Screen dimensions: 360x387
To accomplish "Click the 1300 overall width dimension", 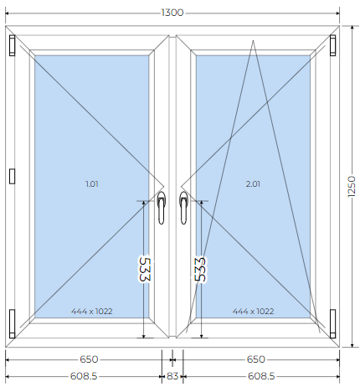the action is tap(172, 13).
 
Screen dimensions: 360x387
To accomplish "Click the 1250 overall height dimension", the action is tap(352, 187).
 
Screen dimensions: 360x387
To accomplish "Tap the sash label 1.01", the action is tap(92, 184).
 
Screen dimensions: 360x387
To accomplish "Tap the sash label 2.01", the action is tap(253, 184).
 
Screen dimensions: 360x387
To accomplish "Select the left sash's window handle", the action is tap(161, 208).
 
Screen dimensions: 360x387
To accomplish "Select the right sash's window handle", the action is tap(183, 208).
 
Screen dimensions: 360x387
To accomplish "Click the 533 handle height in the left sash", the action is tap(145, 269).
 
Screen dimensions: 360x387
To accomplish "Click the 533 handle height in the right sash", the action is tap(201, 269).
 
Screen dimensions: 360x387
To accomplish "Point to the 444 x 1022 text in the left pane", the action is tap(92, 311).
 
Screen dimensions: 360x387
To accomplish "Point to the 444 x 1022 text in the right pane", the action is tap(253, 311).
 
